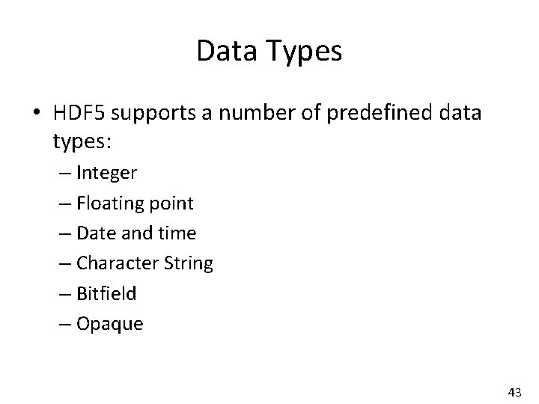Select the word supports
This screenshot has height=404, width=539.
[x=159, y=115]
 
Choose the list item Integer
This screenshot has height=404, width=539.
[x=107, y=174]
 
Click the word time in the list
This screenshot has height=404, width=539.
[x=177, y=233]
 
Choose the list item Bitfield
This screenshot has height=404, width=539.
[x=107, y=293]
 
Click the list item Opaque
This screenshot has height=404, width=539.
[x=109, y=325]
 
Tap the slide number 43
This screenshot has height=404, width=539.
[x=515, y=392]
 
